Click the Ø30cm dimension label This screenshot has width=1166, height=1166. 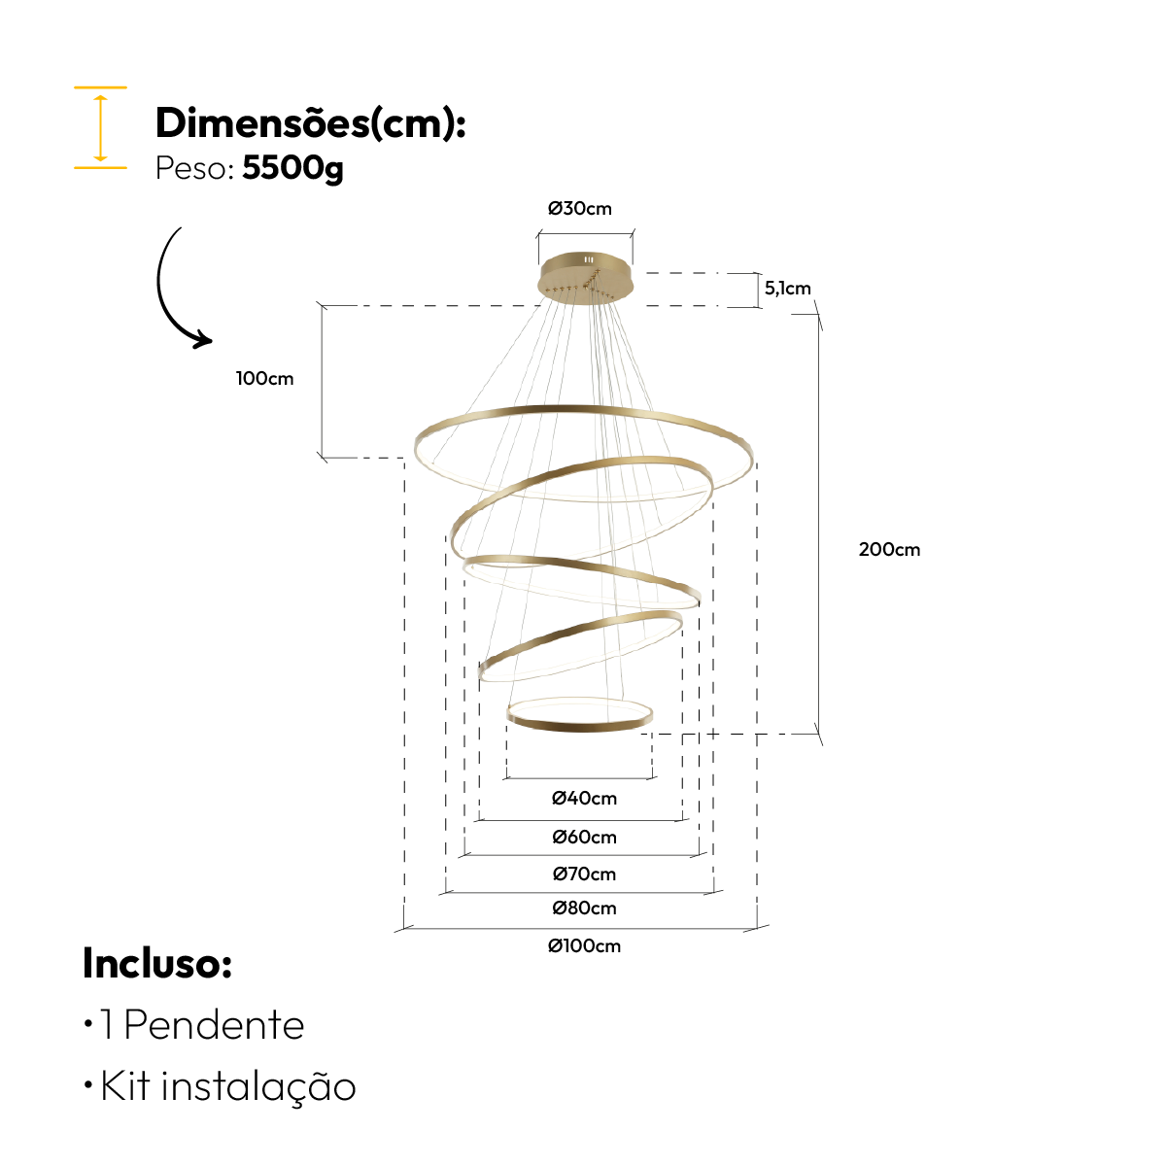[580, 209]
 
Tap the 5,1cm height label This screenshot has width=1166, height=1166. [787, 289]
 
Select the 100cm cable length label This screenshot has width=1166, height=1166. [264, 379]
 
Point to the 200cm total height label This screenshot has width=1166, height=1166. [889, 550]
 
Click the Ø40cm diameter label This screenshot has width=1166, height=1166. [584, 799]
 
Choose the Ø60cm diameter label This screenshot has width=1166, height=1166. [584, 838]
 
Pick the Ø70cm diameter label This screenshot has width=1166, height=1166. [584, 874]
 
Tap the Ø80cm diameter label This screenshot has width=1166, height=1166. [584, 909]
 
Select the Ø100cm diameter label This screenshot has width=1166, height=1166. [584, 946]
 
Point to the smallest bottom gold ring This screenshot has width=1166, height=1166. [579, 724]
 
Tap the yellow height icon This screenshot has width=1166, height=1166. [100, 127]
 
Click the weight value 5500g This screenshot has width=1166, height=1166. [292, 169]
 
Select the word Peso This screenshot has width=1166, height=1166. [191, 169]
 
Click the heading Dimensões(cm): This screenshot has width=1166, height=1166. [310, 123]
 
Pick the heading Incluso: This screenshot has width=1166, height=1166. [157, 964]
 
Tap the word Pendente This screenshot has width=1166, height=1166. [215, 1026]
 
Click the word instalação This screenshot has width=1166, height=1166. [258, 1086]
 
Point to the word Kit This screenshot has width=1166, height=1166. [125, 1086]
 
